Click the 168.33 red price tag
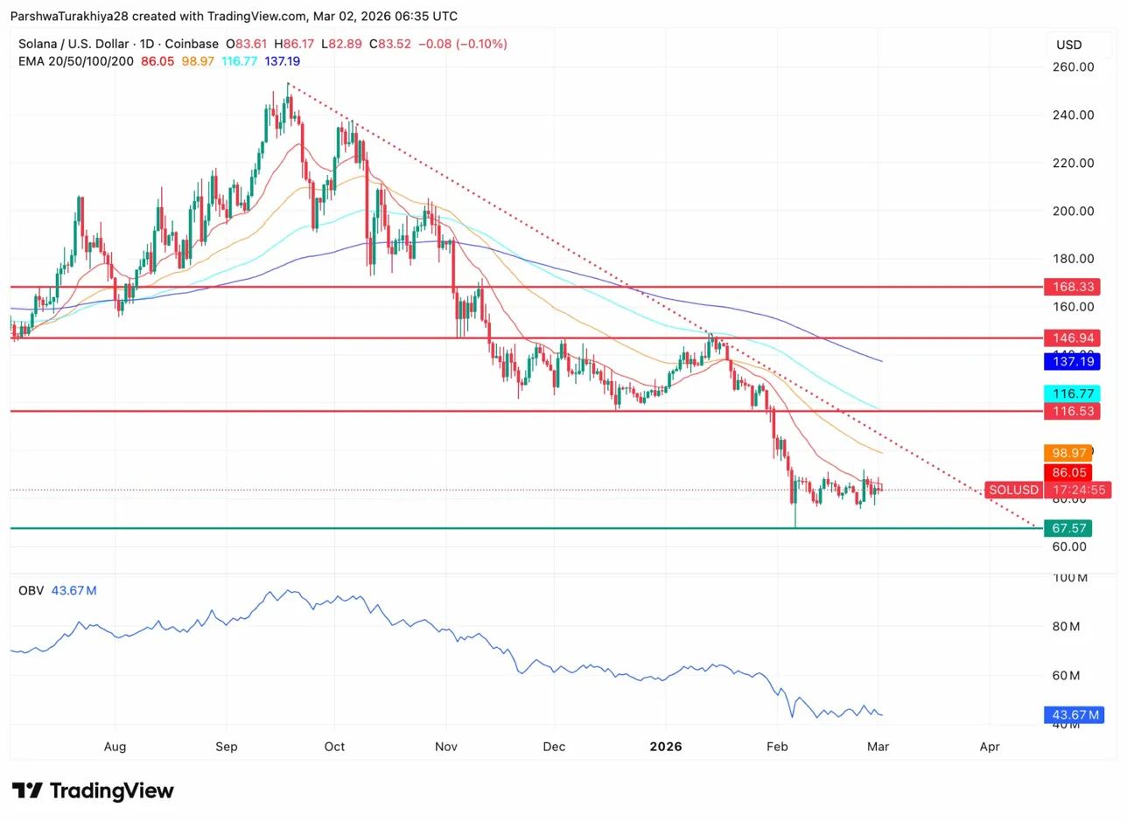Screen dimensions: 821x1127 pos(1072,287)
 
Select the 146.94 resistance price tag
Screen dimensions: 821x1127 pos(1072,337)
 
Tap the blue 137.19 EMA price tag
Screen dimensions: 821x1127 pos(1072,361)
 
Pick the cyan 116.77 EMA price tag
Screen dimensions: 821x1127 pos(1072,394)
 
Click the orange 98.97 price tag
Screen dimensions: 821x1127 pos(1067,453)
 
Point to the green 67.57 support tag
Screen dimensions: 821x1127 pos(1067,528)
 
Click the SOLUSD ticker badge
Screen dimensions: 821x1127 pos(1013,490)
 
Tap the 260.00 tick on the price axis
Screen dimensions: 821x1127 pos(1072,67)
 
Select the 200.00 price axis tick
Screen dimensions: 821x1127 pos(1072,211)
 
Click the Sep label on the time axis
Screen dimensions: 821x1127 pos(227,747)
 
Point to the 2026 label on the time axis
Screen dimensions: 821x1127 pos(665,747)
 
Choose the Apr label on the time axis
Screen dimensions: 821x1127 pos(990,747)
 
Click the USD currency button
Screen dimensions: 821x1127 pos(1069,45)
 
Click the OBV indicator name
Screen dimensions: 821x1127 pos(31,591)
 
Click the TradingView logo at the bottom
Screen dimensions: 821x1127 pos(93,791)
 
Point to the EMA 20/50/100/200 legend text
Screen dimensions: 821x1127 pos(76,61)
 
